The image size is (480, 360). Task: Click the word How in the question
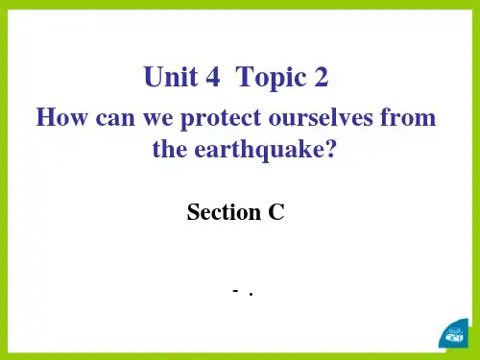pyautogui.click(x=56, y=120)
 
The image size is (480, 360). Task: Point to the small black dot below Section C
pyautogui.click(x=250, y=294)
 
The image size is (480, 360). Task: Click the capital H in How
pyautogui.click(x=43, y=120)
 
